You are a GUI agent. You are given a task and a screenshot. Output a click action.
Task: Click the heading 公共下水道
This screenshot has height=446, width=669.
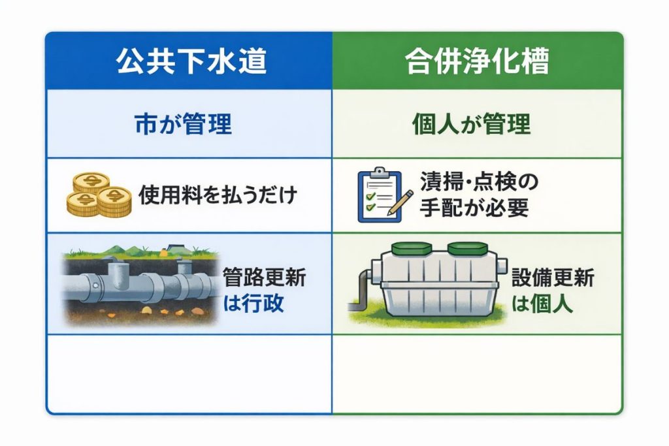pyautogui.click(x=191, y=61)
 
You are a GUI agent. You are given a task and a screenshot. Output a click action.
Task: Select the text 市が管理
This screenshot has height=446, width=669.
pyautogui.click(x=183, y=125)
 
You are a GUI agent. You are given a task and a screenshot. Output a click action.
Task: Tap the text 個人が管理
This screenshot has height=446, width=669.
pyautogui.click(x=472, y=125)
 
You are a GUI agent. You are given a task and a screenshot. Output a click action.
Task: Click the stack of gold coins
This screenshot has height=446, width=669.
pyautogui.click(x=99, y=195)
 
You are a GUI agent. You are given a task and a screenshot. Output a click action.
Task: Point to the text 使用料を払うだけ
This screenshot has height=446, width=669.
pyautogui.click(x=218, y=195)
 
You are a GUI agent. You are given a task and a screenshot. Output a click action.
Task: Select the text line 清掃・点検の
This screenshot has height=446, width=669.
pyautogui.click(x=479, y=182)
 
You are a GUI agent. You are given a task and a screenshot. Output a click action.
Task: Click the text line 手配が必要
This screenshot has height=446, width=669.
pyautogui.click(x=474, y=208)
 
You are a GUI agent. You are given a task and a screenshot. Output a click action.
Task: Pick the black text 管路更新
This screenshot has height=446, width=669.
pyautogui.click(x=265, y=278)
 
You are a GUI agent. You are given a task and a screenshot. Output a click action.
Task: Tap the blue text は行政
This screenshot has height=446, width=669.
pyautogui.click(x=253, y=303)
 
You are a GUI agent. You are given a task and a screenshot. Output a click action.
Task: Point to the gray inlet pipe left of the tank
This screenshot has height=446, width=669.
pyautogui.click(x=362, y=285)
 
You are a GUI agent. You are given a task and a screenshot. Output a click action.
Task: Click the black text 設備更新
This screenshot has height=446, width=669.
pyautogui.click(x=553, y=278)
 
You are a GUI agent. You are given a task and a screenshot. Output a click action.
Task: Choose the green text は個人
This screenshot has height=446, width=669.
pyautogui.click(x=542, y=303)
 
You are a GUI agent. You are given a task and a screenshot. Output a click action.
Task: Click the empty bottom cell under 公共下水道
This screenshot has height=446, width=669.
pyautogui.click(x=189, y=374)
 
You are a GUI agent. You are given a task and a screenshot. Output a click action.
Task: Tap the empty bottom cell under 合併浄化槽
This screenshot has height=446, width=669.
pyautogui.click(x=476, y=374)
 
